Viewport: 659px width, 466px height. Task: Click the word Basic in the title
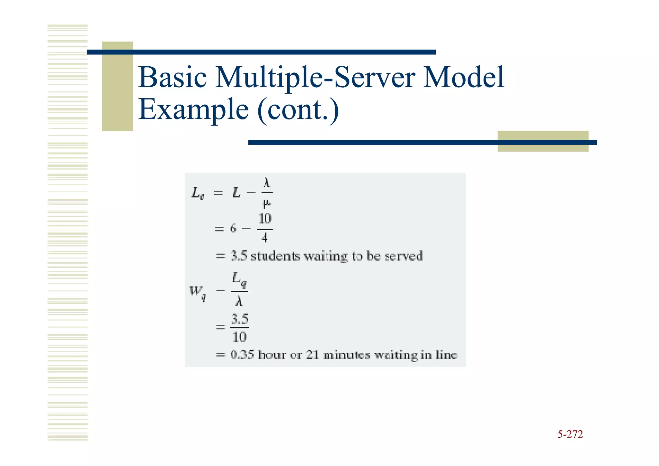tap(172, 77)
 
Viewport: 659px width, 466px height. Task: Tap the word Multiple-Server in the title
tap(315, 78)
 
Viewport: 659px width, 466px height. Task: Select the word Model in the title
tap(463, 77)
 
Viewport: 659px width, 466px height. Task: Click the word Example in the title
tap(193, 109)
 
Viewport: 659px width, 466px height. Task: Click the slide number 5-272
tap(570, 434)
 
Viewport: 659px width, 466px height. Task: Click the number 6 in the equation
tap(233, 229)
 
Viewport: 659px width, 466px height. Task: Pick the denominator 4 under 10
tap(265, 238)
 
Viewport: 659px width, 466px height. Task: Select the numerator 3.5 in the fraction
tap(240, 319)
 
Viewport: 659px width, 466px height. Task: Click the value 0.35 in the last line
tap(242, 355)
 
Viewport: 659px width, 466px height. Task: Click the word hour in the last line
tap(272, 355)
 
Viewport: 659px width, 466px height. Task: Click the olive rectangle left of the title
tap(117, 86)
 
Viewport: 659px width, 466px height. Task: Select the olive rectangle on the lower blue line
tap(543, 141)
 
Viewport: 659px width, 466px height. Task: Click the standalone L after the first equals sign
tap(237, 193)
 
